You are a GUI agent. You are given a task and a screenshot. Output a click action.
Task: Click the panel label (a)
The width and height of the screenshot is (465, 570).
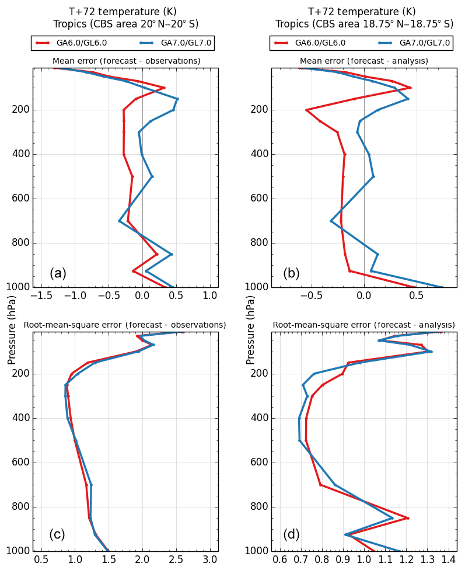coord(58,273)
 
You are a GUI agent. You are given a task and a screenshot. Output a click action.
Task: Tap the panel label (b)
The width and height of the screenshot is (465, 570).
coord(291,273)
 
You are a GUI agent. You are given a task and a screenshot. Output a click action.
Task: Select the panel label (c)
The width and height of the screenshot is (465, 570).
coord(57,534)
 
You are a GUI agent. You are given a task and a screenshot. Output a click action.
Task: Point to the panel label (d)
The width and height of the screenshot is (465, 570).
coord(291,534)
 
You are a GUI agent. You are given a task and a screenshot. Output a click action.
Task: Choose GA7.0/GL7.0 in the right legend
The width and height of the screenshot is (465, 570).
coord(424,43)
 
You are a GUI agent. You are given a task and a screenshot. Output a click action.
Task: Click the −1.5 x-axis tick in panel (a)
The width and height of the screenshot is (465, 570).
coord(40,296)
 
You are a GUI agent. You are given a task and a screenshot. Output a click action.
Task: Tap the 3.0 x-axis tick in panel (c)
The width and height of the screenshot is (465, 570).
coord(209,559)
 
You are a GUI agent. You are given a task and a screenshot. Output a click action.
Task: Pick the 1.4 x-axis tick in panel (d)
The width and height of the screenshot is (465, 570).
coord(448,559)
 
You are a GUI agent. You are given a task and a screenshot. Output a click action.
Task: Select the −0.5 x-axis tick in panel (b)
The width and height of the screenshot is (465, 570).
coord(311,296)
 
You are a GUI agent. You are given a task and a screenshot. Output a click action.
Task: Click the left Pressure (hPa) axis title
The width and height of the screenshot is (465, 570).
coord(12,330)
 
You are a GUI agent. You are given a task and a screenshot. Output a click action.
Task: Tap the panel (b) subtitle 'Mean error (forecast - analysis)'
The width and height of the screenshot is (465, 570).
coord(364,61)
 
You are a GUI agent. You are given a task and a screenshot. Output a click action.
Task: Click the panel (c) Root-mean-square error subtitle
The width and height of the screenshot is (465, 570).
coord(125,325)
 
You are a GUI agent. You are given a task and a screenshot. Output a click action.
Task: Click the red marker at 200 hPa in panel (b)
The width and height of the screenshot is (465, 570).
coord(306,110)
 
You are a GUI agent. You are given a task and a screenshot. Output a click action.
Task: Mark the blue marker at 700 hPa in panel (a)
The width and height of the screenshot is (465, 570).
coord(120,221)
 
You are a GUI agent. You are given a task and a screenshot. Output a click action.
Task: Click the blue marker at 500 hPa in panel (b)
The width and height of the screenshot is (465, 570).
coord(373,176)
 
